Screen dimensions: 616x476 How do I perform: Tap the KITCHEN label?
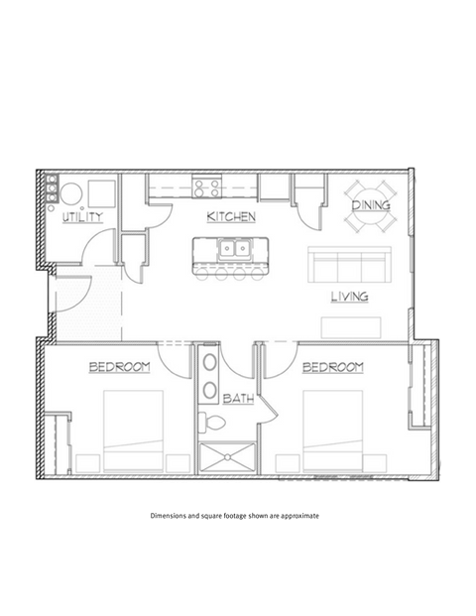pos(232,216)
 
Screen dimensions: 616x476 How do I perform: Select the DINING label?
pos(371,205)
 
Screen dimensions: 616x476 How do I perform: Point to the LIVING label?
pos(350,296)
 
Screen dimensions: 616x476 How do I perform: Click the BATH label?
pos(237,399)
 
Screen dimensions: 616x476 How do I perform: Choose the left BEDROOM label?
pos(120,367)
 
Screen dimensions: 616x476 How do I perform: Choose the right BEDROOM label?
pos(332,367)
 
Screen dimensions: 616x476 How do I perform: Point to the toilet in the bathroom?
pos(209,424)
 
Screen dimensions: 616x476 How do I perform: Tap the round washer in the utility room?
pos(70,191)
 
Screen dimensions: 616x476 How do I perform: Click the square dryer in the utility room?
pos(100,190)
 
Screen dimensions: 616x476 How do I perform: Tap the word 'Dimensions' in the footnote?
pos(171,517)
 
